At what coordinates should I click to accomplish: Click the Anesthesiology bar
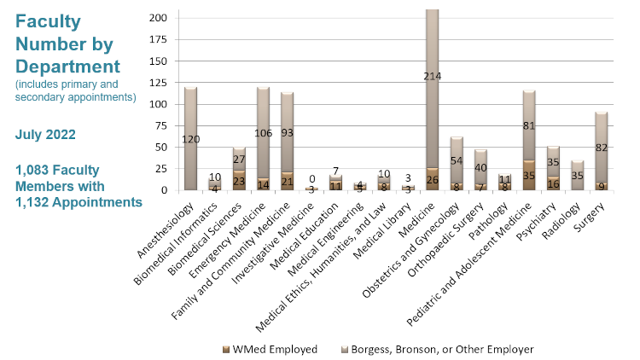(190, 141)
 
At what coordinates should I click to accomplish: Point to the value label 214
(432, 77)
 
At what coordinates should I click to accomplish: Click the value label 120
(190, 139)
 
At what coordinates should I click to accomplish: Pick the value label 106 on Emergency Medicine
(263, 132)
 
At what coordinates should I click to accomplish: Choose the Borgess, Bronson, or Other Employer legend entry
(432, 349)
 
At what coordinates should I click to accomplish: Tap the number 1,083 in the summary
(37, 170)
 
